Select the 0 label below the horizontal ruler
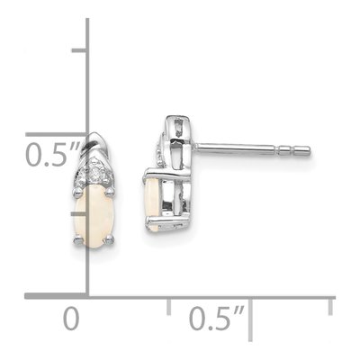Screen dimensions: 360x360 pyautogui.click(x=71, y=318)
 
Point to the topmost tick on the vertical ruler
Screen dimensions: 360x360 pyautogui.click(x=79, y=50)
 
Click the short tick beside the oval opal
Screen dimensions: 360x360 pyautogui.click(x=79, y=213)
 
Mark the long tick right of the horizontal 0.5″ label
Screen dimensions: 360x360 pyautogui.click(x=250, y=319)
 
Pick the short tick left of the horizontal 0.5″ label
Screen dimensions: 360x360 pyautogui.click(x=169, y=307)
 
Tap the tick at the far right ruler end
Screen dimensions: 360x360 pyautogui.click(x=330, y=307)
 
